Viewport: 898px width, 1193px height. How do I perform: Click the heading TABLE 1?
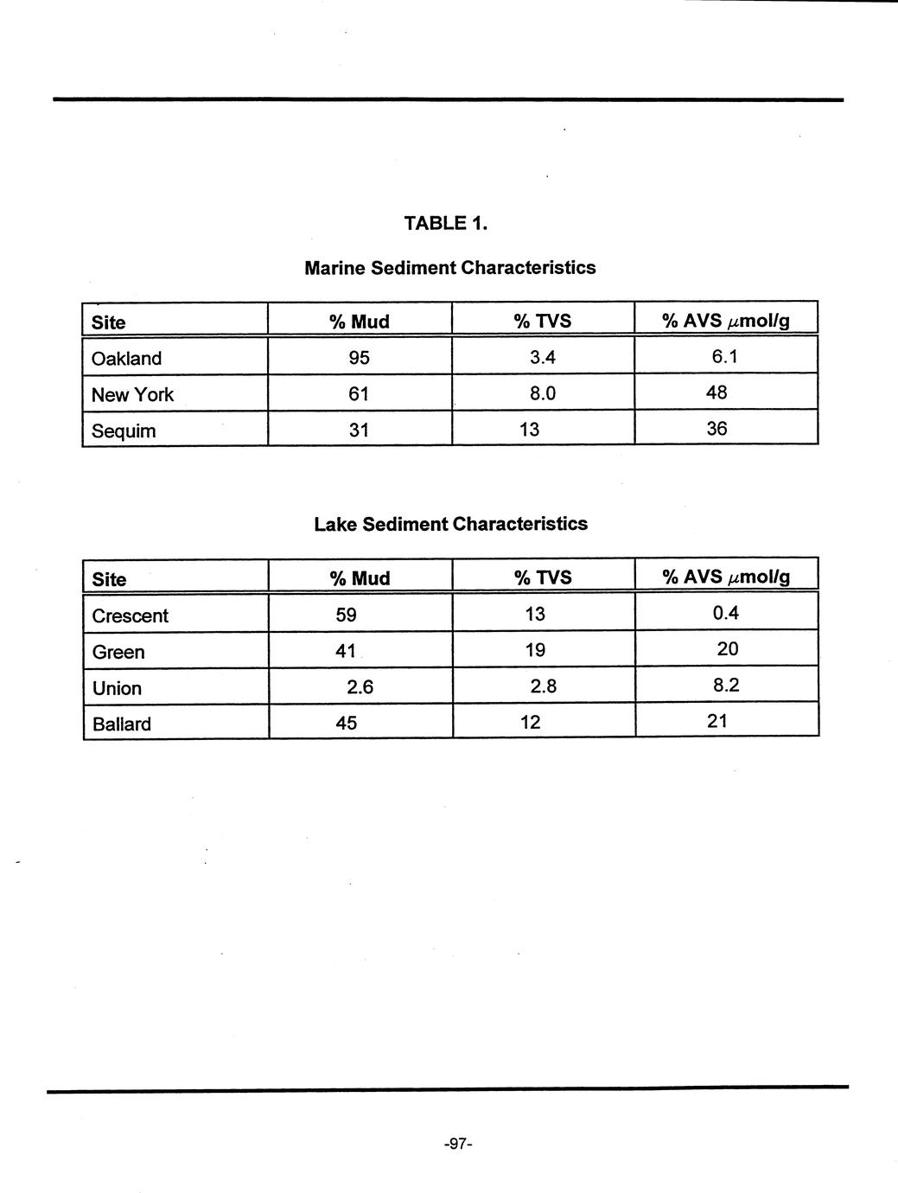pyautogui.click(x=446, y=223)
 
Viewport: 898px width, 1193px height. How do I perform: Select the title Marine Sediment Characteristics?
pyautogui.click(x=449, y=268)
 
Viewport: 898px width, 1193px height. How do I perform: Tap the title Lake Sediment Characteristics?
pyautogui.click(x=450, y=524)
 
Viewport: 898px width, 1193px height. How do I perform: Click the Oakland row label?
pyautogui.click(x=126, y=359)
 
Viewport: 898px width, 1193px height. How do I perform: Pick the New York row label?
pyautogui.click(x=132, y=395)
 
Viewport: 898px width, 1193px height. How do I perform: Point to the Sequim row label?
pyautogui.click(x=124, y=431)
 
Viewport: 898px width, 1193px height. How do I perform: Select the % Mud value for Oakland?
pyautogui.click(x=359, y=358)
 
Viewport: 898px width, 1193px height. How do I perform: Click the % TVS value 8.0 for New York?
pyautogui.click(x=542, y=394)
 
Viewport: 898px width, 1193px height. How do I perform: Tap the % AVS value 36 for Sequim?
pyautogui.click(x=716, y=429)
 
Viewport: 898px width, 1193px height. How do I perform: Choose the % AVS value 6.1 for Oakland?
pyautogui.click(x=724, y=356)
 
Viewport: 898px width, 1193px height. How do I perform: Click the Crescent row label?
pyautogui.click(x=130, y=616)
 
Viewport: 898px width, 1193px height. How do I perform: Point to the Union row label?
pyautogui.click(x=117, y=688)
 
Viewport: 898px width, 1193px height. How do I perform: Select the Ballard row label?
pyautogui.click(x=121, y=724)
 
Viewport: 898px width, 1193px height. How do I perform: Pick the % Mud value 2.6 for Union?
pyautogui.click(x=359, y=688)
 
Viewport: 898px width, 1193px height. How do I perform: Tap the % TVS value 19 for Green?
pyautogui.click(x=535, y=650)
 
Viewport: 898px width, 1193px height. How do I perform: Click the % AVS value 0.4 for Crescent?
pyautogui.click(x=726, y=614)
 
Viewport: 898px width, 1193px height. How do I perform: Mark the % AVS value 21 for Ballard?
pyautogui.click(x=716, y=721)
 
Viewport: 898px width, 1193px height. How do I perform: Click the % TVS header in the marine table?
pyautogui.click(x=542, y=322)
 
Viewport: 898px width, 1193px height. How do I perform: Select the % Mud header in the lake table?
pyautogui.click(x=360, y=578)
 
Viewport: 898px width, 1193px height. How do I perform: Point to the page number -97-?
pyautogui.click(x=456, y=1145)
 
